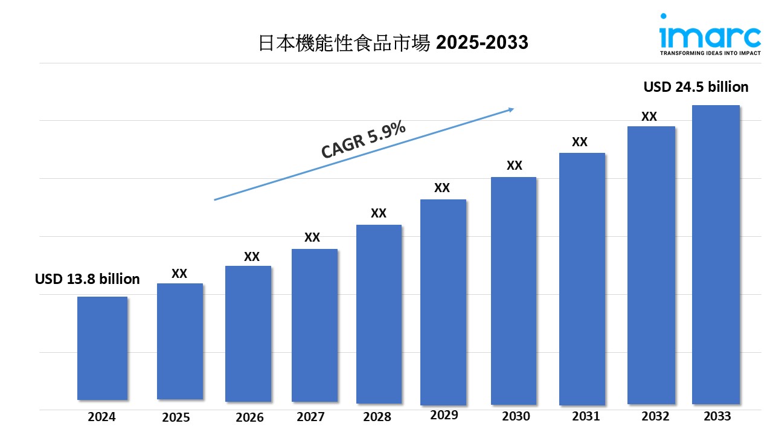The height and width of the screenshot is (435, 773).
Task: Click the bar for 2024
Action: click(x=102, y=348)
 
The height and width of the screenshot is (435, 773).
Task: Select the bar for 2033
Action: click(x=715, y=254)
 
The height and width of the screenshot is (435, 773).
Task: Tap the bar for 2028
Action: click(x=379, y=314)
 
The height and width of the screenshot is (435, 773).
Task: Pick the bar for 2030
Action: click(x=513, y=291)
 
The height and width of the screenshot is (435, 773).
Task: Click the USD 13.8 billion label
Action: click(x=87, y=279)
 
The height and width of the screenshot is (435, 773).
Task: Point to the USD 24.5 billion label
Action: click(x=696, y=87)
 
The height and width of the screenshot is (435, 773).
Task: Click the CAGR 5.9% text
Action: click(x=363, y=140)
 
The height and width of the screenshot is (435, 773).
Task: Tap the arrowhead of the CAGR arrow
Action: click(x=510, y=109)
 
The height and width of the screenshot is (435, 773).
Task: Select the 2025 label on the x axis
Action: click(x=176, y=417)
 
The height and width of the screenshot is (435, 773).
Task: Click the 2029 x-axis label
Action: click(x=444, y=415)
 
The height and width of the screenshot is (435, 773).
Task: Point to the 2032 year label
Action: click(x=655, y=416)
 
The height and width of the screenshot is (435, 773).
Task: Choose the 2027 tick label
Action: click(x=311, y=416)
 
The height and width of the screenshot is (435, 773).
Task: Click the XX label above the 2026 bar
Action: click(x=252, y=257)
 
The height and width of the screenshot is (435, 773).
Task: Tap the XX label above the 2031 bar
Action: click(x=580, y=142)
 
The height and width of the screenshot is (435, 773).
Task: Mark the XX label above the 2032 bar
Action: click(x=649, y=117)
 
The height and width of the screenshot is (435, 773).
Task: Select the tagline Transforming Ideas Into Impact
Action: click(x=710, y=53)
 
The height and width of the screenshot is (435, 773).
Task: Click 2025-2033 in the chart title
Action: click(x=482, y=42)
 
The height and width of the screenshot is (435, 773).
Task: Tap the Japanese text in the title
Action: click(x=344, y=42)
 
